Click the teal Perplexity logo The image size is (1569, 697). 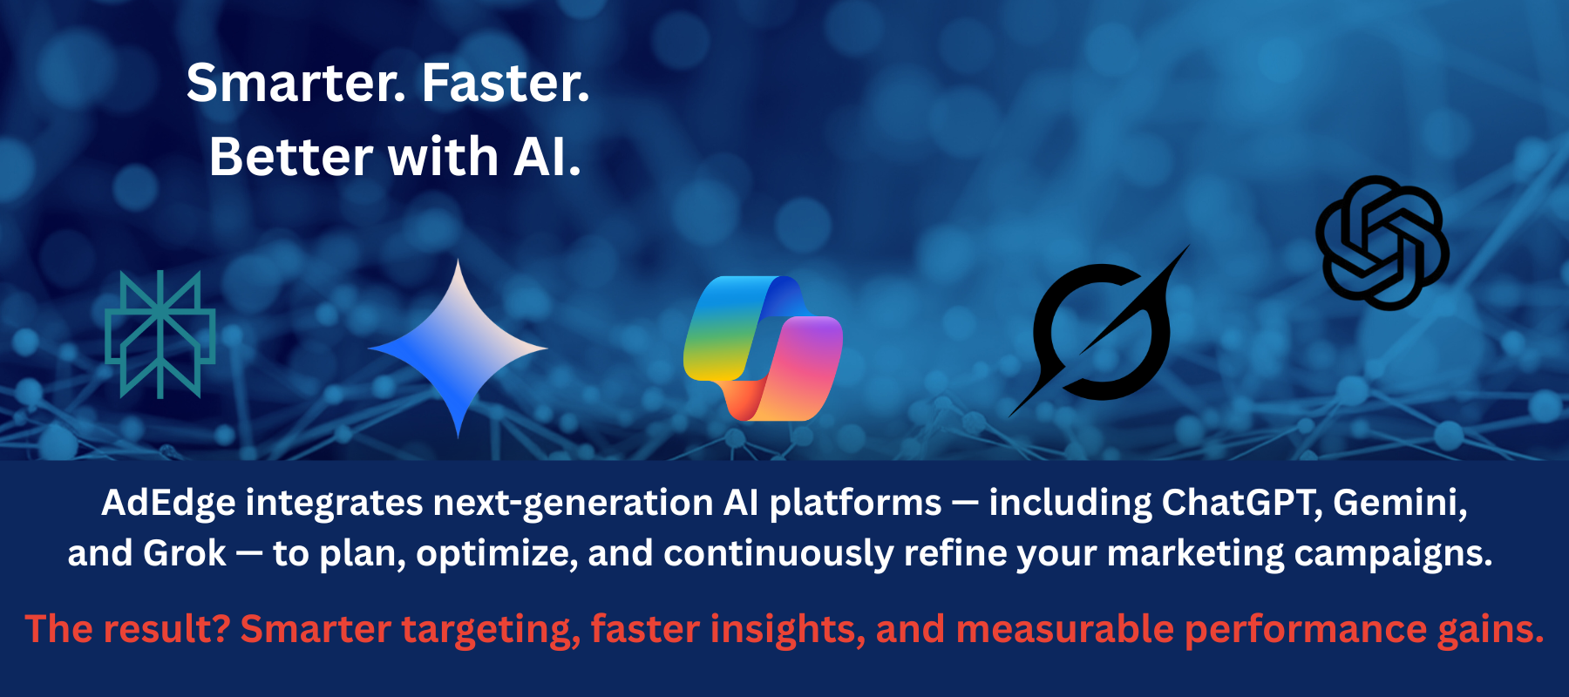(x=160, y=335)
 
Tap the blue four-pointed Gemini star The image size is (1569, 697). (x=458, y=348)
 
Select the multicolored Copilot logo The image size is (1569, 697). (x=764, y=348)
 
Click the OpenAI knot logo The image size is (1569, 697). (x=1382, y=243)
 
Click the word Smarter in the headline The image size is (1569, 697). (x=296, y=84)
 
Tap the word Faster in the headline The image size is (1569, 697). (x=506, y=84)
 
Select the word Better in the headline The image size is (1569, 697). (x=291, y=157)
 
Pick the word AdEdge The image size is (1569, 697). (x=168, y=504)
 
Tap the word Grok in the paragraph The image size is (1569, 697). (x=185, y=553)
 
